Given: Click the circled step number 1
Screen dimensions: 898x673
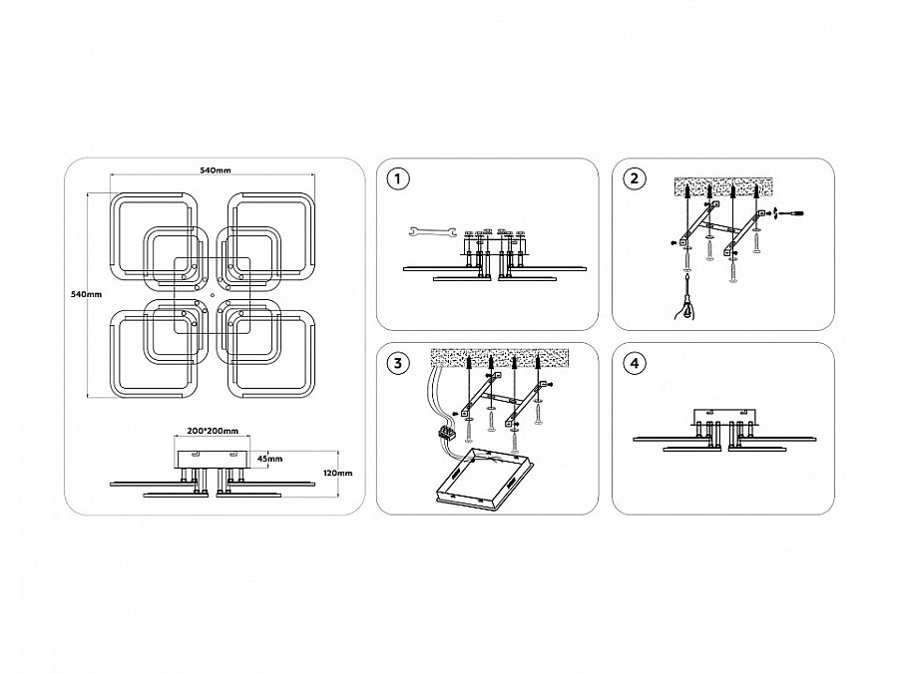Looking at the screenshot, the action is (398, 178).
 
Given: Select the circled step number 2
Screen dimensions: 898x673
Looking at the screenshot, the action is (634, 178).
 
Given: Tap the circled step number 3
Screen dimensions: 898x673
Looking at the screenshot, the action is (398, 363).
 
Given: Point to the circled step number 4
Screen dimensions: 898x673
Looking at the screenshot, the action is (634, 363).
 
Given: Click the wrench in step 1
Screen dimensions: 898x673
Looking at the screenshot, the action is (432, 231).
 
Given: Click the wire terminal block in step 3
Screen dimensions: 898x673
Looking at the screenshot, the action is (447, 434).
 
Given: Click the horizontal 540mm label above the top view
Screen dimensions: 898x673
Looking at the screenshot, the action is (215, 169).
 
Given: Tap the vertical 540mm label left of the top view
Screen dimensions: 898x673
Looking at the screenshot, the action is (86, 294).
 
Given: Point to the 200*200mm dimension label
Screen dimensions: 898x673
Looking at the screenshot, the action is (214, 431).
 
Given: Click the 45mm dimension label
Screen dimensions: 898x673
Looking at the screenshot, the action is (269, 459).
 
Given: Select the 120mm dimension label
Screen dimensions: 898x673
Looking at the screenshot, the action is (338, 473).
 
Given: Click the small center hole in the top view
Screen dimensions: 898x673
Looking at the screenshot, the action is (212, 295).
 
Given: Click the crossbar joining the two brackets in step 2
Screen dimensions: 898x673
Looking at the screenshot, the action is (722, 227).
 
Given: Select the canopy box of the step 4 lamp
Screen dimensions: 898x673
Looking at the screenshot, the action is (725, 417).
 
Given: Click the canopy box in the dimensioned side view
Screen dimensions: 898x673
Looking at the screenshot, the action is (214, 459).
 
